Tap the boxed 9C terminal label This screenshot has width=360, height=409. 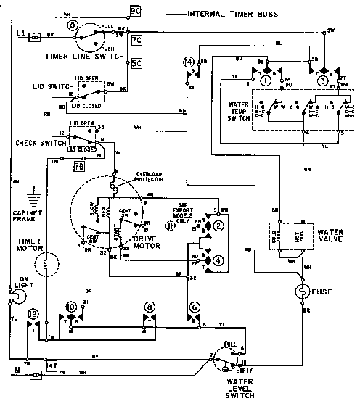136,11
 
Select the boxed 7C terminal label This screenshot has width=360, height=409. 136,41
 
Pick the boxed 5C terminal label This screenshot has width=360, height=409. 136,63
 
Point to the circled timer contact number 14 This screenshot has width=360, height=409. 189,63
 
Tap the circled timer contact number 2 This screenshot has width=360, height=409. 218,227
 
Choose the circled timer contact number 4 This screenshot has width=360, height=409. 218,260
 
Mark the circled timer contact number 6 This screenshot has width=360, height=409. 195,307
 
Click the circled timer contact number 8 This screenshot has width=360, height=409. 150,307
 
